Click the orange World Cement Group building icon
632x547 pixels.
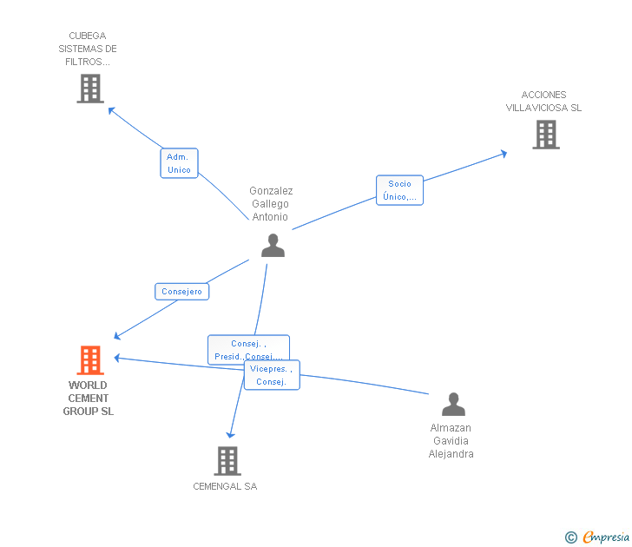pyautogui.click(x=90, y=359)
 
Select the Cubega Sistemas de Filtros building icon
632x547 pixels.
pyautogui.click(x=90, y=89)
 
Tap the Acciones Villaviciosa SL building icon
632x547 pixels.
pyautogui.click(x=545, y=135)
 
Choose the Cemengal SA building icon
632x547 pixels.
pyautogui.click(x=227, y=461)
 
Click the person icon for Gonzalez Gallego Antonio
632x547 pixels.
pyautogui.click(x=273, y=246)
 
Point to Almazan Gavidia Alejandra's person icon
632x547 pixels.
pyautogui.click(x=453, y=405)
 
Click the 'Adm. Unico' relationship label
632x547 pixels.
pyautogui.click(x=179, y=163)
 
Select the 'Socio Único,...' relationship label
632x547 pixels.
pyautogui.click(x=399, y=190)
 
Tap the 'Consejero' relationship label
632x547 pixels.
pyautogui.click(x=181, y=292)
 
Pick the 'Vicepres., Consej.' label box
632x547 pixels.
pyautogui.click(x=272, y=375)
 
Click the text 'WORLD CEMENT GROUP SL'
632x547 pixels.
pyautogui.click(x=88, y=399)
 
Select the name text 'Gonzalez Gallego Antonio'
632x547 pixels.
pyautogui.click(x=271, y=204)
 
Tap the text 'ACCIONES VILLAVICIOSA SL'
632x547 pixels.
pyautogui.click(x=544, y=102)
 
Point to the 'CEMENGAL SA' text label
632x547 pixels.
pyautogui.click(x=225, y=486)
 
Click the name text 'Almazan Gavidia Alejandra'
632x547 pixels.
pyautogui.click(x=451, y=441)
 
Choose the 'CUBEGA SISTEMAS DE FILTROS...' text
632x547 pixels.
pyautogui.click(x=87, y=49)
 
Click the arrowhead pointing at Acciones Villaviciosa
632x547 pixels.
pyautogui.click(x=504, y=154)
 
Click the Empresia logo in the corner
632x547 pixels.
pyautogui.click(x=597, y=537)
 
